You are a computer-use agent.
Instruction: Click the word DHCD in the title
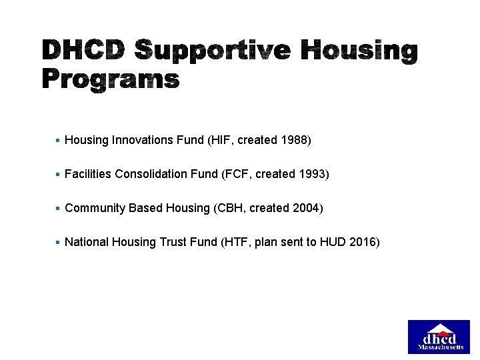pyautogui.click(x=83, y=51)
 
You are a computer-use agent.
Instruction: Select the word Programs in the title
pyautogui.click(x=111, y=81)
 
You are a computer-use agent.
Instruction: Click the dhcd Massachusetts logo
pyautogui.click(x=439, y=337)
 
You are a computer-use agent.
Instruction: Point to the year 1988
pyautogui.click(x=293, y=140)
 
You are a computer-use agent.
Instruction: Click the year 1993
pyautogui.click(x=311, y=174)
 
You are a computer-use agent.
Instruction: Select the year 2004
pyautogui.click(x=305, y=208)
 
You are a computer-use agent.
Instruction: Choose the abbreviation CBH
pyautogui.click(x=229, y=208)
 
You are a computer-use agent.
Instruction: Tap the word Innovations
pyautogui.click(x=143, y=140)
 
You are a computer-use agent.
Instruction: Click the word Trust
pyautogui.click(x=175, y=242)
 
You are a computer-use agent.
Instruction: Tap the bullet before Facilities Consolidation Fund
pyautogui.click(x=58, y=174)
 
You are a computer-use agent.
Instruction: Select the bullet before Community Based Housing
pyautogui.click(x=58, y=208)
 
